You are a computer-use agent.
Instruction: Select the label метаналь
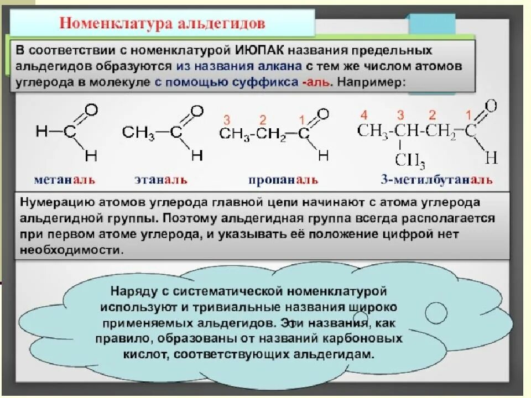[64, 180]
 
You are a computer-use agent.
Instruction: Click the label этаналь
[160, 180]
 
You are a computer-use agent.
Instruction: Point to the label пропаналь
[283, 180]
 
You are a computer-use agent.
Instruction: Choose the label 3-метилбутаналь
[436, 180]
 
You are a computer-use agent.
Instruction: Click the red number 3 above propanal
[227, 119]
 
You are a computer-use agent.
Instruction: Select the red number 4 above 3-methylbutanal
[364, 116]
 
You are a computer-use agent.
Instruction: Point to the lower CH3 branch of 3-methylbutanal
[410, 161]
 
